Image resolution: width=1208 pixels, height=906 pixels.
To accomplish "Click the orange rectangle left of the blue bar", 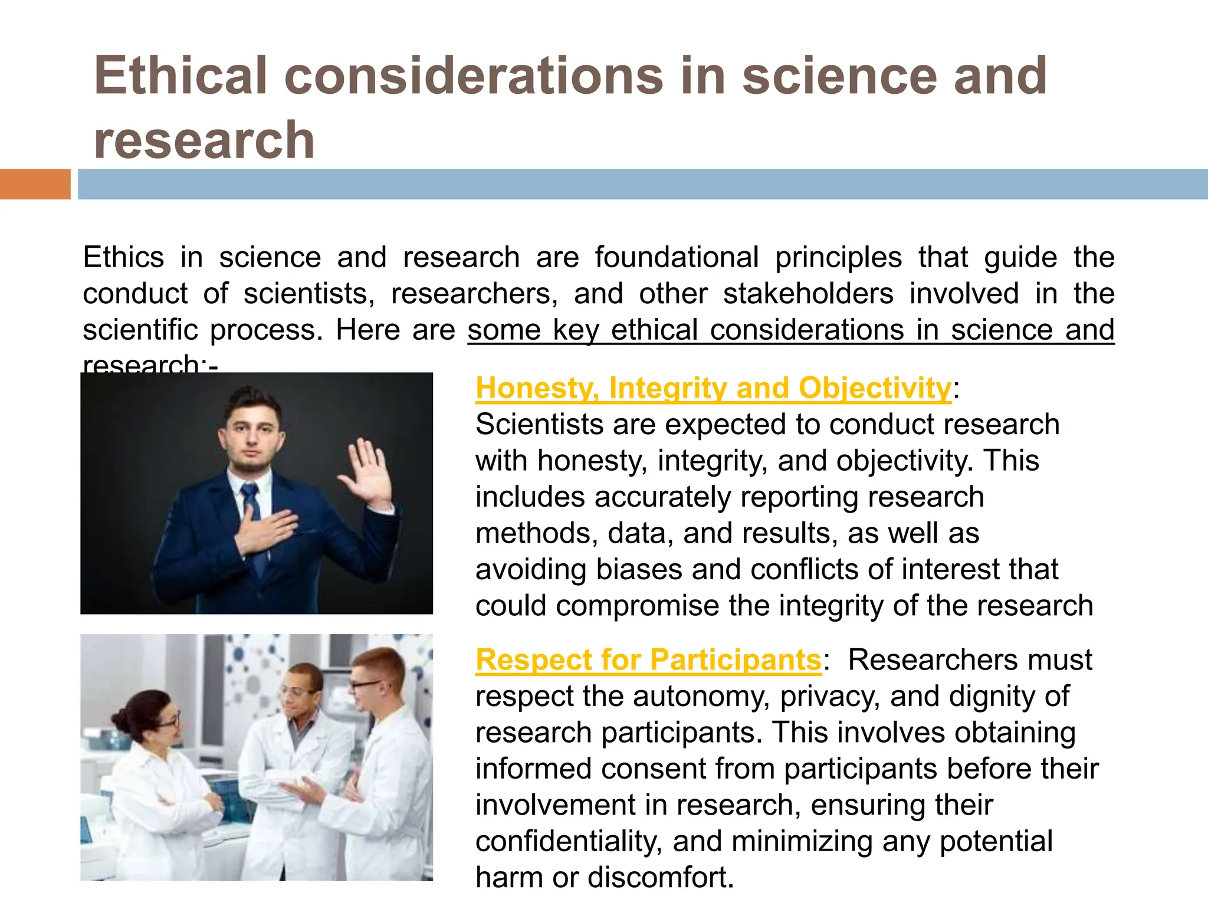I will (35, 184).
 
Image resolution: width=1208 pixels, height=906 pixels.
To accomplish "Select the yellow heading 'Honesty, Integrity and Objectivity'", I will (713, 388).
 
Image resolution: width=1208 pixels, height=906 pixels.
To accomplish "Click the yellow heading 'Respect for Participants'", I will (648, 659).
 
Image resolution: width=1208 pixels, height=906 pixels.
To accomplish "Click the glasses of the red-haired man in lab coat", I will (366, 685).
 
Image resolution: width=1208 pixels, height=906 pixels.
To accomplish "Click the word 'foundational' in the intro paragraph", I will (677, 257).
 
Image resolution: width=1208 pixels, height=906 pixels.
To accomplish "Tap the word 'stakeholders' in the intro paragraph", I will (808, 294).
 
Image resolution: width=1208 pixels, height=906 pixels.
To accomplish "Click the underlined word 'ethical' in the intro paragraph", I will (655, 330).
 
